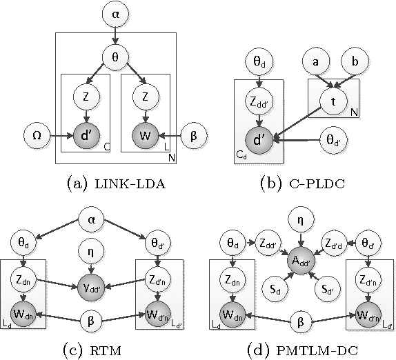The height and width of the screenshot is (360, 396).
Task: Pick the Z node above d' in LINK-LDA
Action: pos(85,97)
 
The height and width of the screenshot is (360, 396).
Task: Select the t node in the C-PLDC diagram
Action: pos(333,102)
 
